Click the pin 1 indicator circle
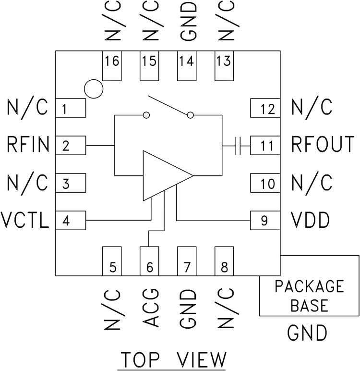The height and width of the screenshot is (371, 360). point(93,88)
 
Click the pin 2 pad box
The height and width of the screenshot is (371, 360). point(71,145)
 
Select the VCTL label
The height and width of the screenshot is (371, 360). point(25,221)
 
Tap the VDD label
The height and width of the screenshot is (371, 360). point(310,221)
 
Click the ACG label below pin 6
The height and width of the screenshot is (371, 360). point(150,308)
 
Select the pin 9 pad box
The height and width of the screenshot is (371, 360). point(264,221)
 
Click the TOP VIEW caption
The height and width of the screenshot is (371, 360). point(173,359)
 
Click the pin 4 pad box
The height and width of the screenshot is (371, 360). point(71,221)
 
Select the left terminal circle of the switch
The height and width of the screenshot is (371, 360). point(146,115)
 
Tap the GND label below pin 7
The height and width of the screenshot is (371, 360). point(187,308)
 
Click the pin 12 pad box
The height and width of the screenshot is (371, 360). point(264,108)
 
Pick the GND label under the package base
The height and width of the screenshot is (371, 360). point(307,333)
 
